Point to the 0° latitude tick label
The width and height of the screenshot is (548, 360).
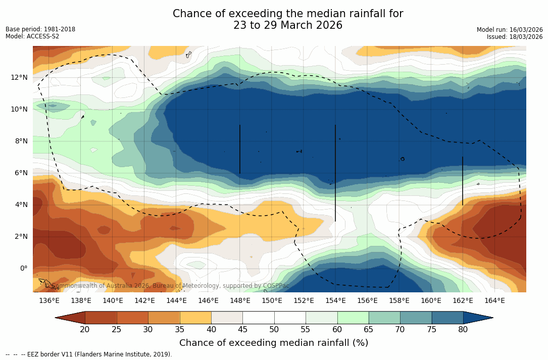23,268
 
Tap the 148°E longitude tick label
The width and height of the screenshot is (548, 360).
240,301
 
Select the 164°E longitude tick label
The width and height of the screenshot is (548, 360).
494,301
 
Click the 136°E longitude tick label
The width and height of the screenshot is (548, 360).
49,301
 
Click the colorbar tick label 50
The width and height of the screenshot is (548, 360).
274,330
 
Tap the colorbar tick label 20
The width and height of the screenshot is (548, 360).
85,330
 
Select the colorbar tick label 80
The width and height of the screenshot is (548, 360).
463,330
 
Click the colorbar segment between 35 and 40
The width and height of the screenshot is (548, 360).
195,318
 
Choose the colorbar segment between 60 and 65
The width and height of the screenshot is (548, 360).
353,318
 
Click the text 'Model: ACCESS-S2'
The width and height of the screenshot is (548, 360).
32,36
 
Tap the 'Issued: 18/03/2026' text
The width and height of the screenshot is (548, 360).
515,37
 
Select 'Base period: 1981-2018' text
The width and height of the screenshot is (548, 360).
40,29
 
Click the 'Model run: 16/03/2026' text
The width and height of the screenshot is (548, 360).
510,30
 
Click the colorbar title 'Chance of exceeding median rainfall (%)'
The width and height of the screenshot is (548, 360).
274,343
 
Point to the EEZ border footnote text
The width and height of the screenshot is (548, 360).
89,354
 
